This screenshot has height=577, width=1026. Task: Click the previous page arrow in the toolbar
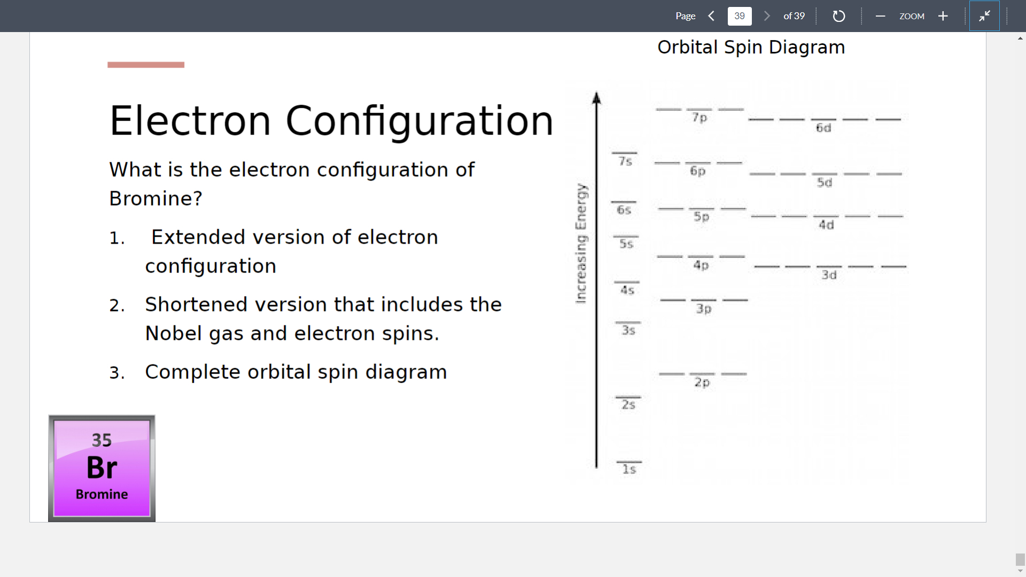(x=711, y=16)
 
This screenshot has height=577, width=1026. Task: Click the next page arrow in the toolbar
(x=767, y=16)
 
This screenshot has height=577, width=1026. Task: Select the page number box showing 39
(x=740, y=16)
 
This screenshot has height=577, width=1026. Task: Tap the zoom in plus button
(x=943, y=16)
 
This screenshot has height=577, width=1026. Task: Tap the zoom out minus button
(x=880, y=16)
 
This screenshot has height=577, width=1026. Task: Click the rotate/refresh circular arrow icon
(x=839, y=16)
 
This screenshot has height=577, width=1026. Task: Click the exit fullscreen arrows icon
(x=984, y=16)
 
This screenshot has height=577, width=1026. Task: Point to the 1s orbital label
(x=629, y=469)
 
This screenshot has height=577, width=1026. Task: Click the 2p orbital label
(x=702, y=382)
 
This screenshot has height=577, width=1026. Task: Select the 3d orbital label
(x=829, y=275)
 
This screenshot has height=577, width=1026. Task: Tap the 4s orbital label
(x=627, y=290)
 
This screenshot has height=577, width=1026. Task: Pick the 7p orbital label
(x=699, y=117)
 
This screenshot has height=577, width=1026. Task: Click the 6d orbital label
(x=823, y=128)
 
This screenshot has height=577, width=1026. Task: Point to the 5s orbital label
(x=626, y=244)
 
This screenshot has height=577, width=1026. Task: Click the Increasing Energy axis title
(x=581, y=244)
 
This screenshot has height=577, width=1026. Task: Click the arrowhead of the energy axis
(x=596, y=98)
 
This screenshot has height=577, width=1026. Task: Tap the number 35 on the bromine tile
(x=102, y=440)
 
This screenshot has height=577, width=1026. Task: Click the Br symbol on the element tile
(x=102, y=467)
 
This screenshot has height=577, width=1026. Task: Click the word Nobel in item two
(x=173, y=333)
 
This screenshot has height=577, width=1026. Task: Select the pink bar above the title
(x=146, y=65)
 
